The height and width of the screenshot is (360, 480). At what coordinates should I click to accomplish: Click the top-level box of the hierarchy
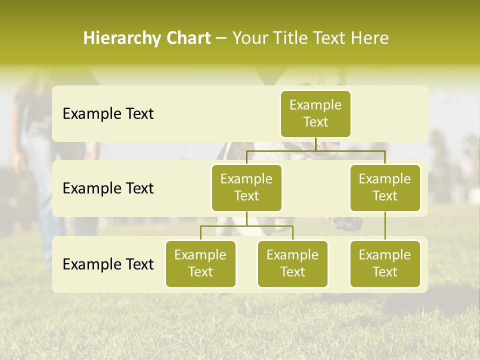315,113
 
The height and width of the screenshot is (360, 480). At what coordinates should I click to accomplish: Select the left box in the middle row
246,187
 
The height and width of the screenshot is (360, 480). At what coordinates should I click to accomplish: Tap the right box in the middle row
385,187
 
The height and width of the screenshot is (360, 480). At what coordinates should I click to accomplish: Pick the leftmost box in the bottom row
200,263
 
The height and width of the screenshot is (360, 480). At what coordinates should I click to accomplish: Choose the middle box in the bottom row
292,263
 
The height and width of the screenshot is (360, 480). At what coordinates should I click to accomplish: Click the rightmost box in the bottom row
385,263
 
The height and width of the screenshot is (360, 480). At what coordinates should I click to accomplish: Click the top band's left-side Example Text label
108,113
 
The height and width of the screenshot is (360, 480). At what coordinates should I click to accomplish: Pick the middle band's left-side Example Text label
108,188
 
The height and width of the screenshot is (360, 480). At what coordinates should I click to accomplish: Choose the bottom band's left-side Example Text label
108,264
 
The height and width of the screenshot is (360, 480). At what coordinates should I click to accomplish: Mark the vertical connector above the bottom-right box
385,226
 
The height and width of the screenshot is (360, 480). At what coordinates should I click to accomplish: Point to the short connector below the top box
315,144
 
